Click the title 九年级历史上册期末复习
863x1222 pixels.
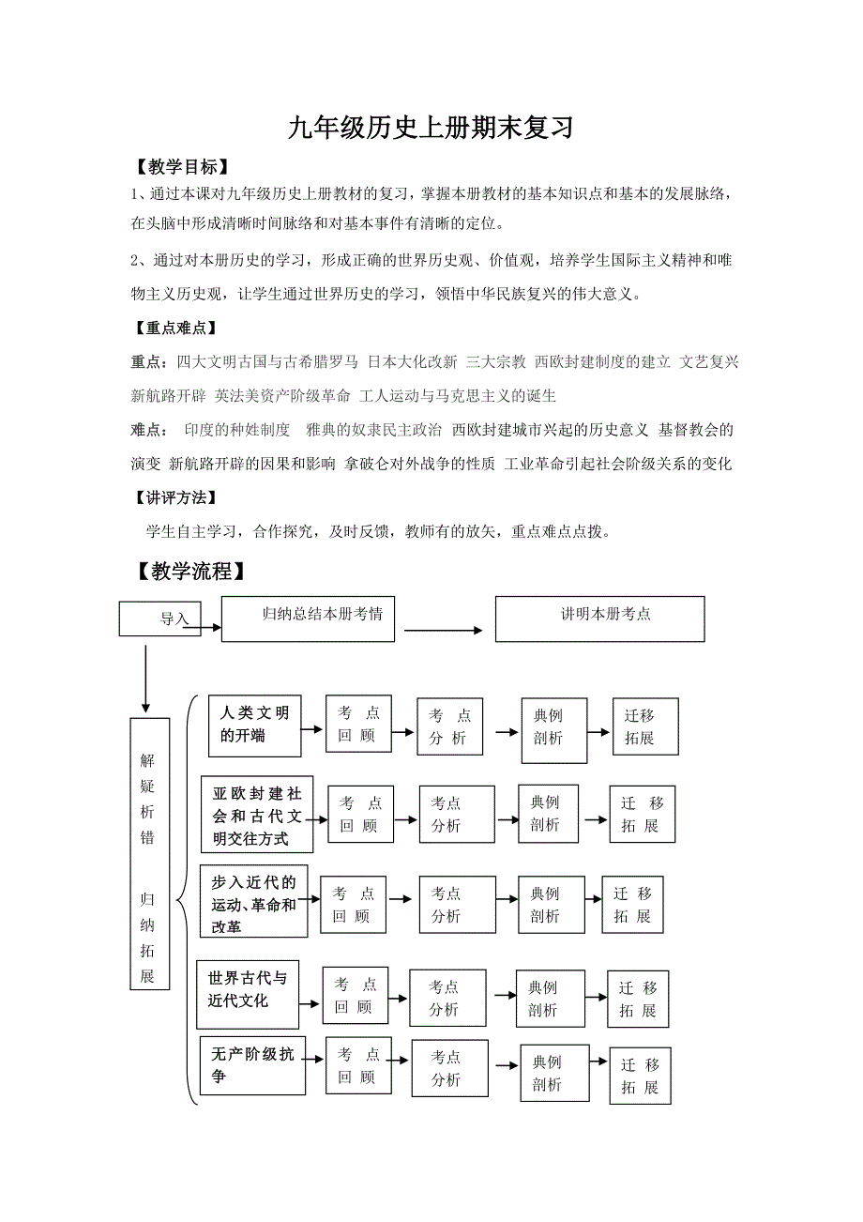(x=431, y=128)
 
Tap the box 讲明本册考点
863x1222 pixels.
(x=599, y=619)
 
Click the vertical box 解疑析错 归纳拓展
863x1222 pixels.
(x=149, y=853)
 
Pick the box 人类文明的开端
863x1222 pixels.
(x=253, y=726)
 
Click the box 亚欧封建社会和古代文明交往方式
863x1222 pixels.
(x=256, y=813)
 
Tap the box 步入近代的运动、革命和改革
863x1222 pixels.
(x=253, y=901)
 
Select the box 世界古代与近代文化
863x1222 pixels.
(x=248, y=989)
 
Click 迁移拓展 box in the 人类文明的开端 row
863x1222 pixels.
(x=644, y=726)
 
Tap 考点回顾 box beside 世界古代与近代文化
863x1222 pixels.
(x=356, y=995)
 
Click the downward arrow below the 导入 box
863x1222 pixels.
(x=145, y=678)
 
